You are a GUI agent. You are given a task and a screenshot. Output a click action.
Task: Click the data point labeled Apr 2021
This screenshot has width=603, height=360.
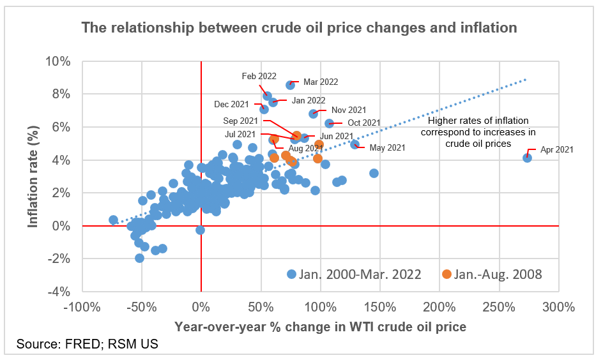click(x=527, y=158)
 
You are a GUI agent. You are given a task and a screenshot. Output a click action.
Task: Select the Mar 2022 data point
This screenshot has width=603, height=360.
click(x=290, y=84)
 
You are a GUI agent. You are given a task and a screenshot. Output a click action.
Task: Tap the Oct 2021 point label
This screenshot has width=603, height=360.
click(x=363, y=123)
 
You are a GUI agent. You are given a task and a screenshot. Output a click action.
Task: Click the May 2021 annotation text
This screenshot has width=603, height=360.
click(x=388, y=148)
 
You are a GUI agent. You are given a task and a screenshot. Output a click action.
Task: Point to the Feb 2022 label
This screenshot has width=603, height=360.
click(x=259, y=76)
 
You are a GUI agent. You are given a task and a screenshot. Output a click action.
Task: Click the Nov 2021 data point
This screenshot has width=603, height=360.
click(x=313, y=114)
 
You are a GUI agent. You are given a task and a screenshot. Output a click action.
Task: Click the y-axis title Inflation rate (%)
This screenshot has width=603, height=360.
click(x=32, y=176)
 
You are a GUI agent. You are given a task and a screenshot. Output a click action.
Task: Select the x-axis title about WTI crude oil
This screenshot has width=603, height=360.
click(x=321, y=327)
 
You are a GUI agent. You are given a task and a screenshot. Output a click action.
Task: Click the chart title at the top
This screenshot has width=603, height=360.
click(x=298, y=28)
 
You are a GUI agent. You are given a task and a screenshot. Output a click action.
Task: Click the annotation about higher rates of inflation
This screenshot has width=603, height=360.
click(x=474, y=132)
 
